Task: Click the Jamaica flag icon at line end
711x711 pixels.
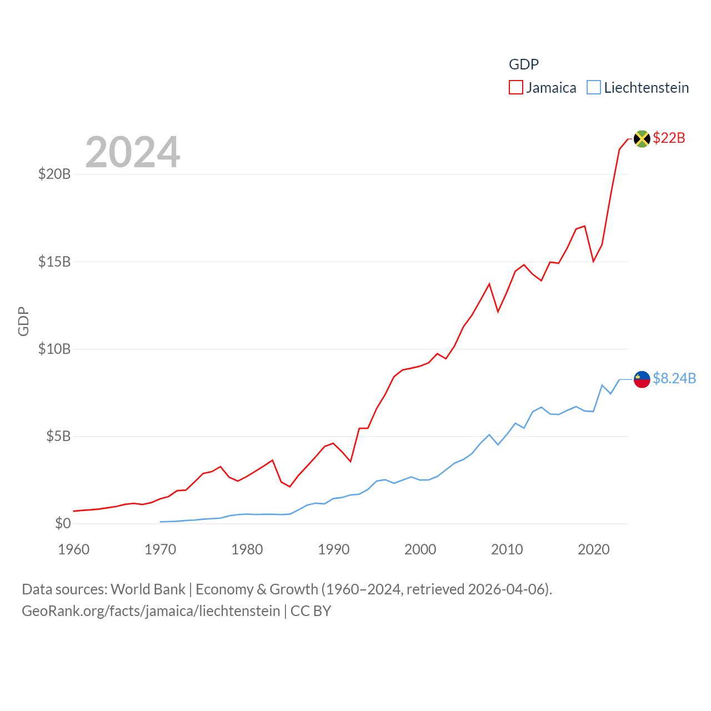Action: [642, 139]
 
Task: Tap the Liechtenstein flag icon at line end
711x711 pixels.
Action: [642, 379]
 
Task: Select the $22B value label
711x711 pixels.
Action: [669, 138]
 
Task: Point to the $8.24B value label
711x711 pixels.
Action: [674, 378]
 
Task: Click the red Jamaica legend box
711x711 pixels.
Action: [516, 88]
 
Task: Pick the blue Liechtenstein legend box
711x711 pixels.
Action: [594, 88]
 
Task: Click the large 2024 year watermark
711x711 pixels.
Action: [133, 152]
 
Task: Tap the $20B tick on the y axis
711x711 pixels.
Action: [54, 174]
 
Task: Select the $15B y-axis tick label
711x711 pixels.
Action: [54, 262]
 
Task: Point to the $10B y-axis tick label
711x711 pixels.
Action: [54, 349]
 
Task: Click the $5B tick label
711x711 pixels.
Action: [58, 436]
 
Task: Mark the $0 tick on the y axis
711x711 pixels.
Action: [63, 523]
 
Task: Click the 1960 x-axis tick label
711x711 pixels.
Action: [74, 549]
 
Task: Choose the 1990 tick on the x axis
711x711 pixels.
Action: [334, 549]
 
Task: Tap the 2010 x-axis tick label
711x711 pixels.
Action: [507, 549]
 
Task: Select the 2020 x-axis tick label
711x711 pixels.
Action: [594, 549]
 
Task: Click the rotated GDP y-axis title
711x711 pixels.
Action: [23, 321]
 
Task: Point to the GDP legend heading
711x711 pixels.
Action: [524, 64]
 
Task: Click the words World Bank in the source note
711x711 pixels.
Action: [148, 589]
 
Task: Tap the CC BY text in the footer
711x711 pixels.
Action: [311, 611]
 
